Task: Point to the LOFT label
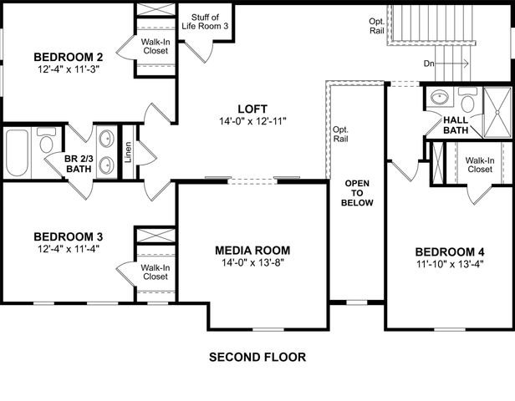[x=250, y=109]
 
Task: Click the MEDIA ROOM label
[x=252, y=250]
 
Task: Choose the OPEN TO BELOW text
[x=357, y=191]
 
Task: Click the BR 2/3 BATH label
[x=79, y=163]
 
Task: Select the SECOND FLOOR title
[x=257, y=357]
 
